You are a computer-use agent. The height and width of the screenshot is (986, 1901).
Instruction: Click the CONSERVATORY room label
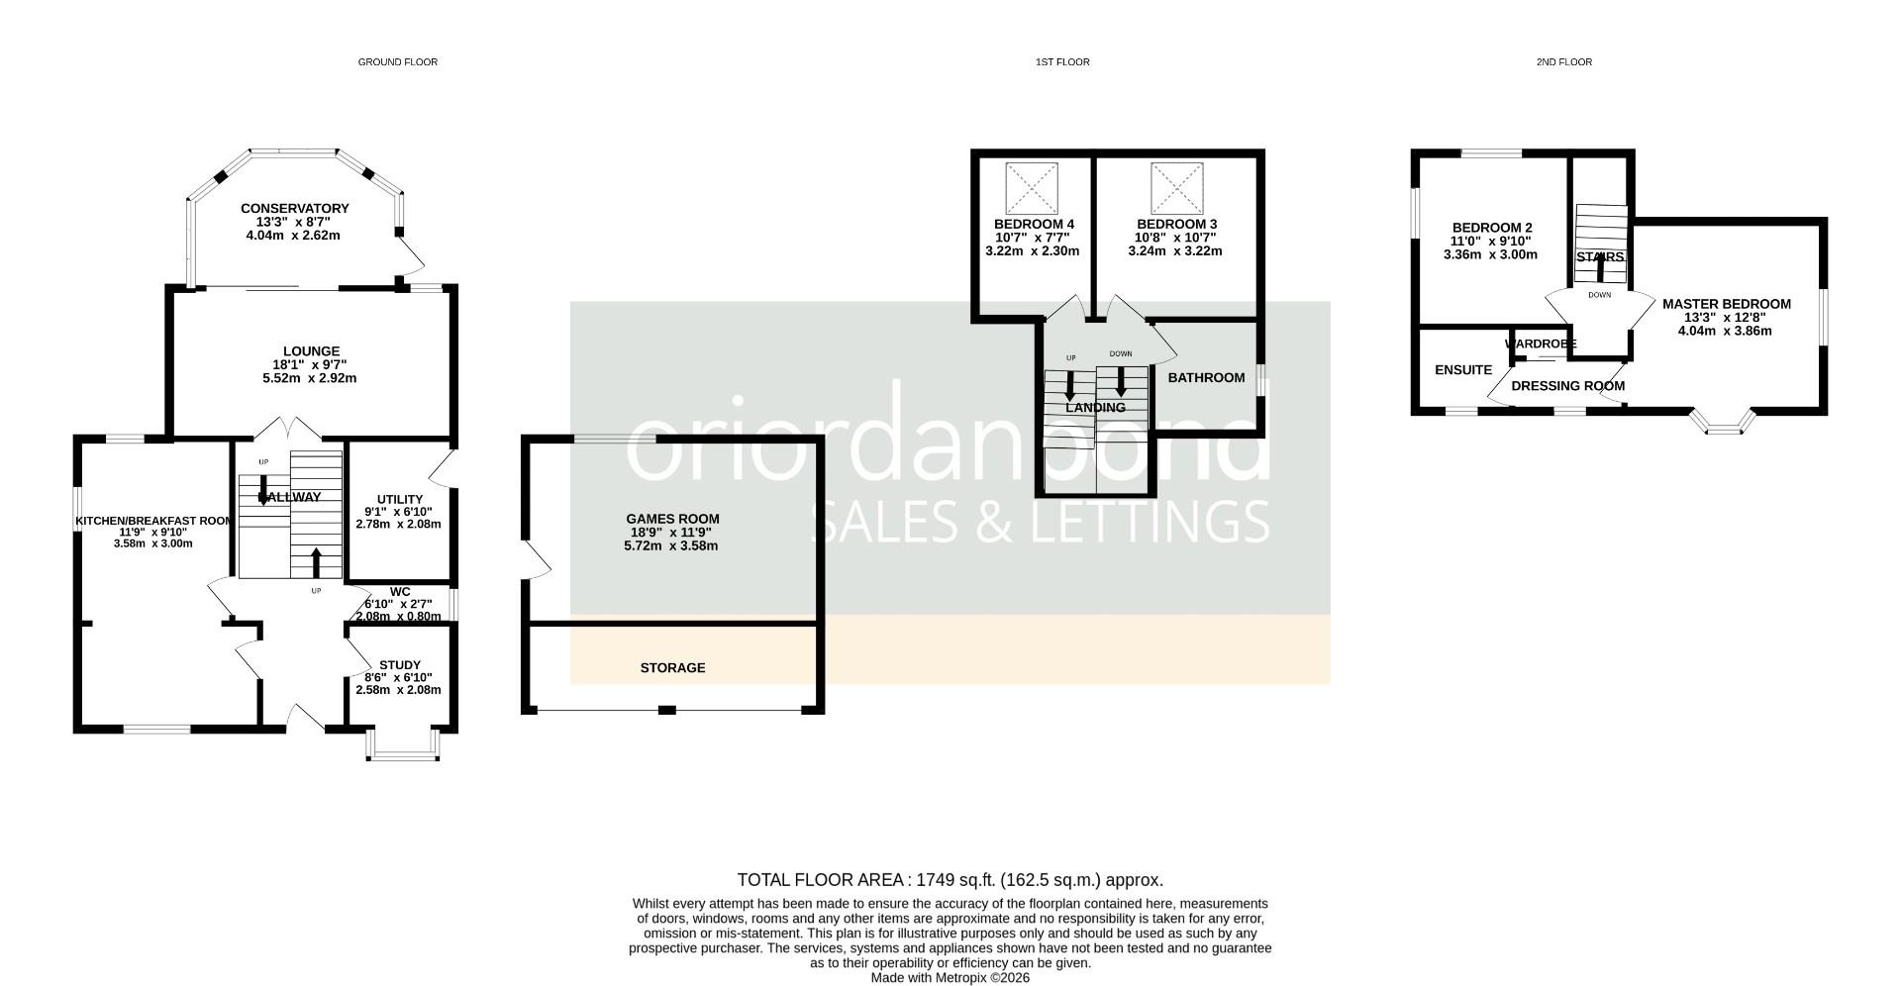[x=294, y=209]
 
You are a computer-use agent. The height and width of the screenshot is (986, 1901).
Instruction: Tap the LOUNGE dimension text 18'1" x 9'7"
[x=311, y=365]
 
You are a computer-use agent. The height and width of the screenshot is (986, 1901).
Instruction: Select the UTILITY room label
[x=400, y=499]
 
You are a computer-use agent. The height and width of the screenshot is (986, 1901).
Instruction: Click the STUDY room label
[x=400, y=665]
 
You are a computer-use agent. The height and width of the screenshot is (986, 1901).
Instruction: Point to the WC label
[x=400, y=592]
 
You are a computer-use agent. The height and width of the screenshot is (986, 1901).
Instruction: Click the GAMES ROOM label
[x=672, y=519]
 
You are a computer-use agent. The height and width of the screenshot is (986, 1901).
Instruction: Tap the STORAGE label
[x=672, y=668]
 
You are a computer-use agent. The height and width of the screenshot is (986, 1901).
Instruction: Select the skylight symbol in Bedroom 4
[x=1032, y=188]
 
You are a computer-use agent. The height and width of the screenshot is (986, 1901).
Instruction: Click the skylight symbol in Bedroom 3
[x=1176, y=188]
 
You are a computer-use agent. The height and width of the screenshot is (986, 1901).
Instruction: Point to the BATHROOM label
[x=1206, y=377]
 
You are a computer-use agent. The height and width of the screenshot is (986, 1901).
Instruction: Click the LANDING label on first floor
[x=1095, y=408]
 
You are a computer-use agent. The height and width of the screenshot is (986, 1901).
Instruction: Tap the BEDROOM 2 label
[x=1491, y=227]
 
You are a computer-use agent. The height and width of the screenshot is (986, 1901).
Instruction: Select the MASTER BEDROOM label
[x=1726, y=304]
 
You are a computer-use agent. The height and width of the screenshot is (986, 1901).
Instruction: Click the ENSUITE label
[x=1462, y=370]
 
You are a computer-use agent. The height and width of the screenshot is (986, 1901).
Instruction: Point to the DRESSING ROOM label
[x=1567, y=386]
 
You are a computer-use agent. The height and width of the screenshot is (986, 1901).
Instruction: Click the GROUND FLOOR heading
[x=397, y=62]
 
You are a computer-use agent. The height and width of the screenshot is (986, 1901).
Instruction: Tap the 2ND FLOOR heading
[x=1563, y=62]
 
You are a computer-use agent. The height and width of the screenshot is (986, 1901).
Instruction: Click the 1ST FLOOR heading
[x=1061, y=62]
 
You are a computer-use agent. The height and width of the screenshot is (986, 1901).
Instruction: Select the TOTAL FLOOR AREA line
[x=950, y=880]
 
